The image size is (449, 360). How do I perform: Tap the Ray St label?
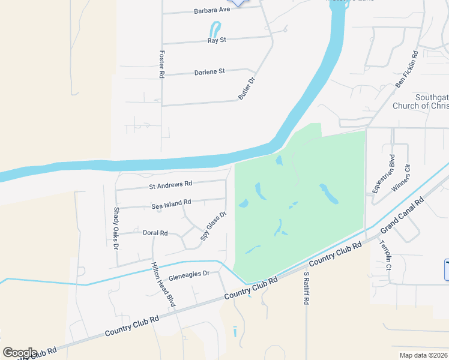[216, 40]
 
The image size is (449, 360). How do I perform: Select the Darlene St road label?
[209, 71]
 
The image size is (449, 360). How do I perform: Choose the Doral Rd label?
[155, 233]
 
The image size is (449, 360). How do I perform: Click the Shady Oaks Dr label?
[116, 228]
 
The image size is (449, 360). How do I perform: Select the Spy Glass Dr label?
[213, 229]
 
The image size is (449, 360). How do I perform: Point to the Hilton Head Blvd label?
[163, 284]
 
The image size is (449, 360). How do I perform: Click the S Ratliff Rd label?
[306, 288]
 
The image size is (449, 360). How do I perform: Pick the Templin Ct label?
[384, 255]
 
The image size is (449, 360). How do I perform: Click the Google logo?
[20, 353]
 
